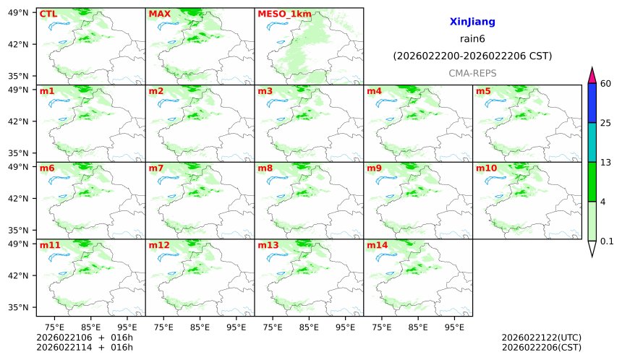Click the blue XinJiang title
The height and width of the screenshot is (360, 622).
coord(472,22)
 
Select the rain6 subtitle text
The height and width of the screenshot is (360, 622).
coord(472,39)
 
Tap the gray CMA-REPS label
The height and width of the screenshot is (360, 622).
coord(472,74)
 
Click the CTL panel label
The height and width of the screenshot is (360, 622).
coord(48,14)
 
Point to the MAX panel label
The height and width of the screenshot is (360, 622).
coord(159,14)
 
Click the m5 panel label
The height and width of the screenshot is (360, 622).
coord(483,91)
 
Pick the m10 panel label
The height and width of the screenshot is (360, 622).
coord(486,168)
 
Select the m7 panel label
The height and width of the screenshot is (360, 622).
coord(156,168)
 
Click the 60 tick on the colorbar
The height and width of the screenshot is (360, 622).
coord(606,84)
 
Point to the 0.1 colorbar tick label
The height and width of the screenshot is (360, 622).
coord(607,241)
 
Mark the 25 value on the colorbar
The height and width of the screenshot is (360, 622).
coord(606,123)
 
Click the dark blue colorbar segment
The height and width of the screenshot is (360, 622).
coord(592,103)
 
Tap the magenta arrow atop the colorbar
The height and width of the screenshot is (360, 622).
coord(592,74)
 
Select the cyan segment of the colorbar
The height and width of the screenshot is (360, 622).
coord(592,142)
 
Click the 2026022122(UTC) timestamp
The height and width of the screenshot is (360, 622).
coord(541,338)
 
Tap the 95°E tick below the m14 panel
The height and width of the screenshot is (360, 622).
coord(454,327)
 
